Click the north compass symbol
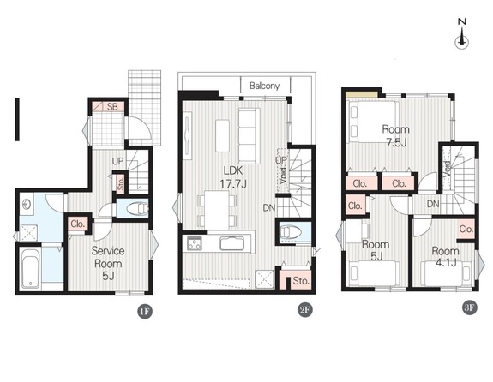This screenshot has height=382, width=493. coord(462,34)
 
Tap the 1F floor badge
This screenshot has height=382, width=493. coord(145,312)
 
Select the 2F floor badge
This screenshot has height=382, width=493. coord(305,310)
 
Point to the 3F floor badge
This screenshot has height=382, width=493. coord(469,307)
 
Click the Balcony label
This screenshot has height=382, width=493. coord(264,86)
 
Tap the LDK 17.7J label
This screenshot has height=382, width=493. coord(233,177)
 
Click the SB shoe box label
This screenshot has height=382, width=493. coord(112,107)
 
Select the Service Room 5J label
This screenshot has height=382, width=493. coord(108,263)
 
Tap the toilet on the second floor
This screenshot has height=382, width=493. coord(291,233)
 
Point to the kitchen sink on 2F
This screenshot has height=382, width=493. coord(232,243)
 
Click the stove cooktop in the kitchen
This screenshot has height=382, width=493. coord(195,243)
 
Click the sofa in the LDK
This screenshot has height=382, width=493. coord(249,135)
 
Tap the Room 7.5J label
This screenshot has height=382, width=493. coord(396,135)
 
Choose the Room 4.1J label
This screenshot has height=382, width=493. coord(445,257)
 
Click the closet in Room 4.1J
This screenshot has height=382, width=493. coord(466,229)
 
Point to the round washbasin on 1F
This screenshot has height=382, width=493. coord(27,205)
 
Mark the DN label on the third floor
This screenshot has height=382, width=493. coord(433,204)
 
